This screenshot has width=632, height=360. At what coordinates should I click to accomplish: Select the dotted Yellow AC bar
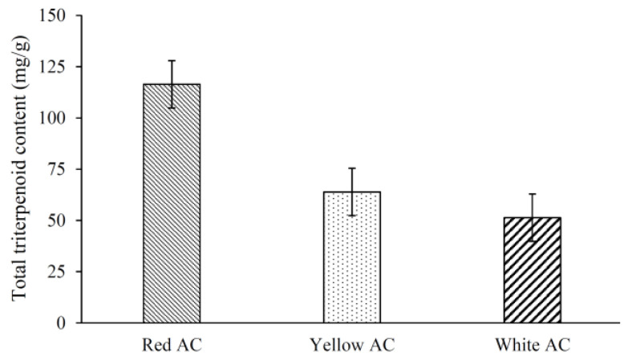click(x=352, y=257)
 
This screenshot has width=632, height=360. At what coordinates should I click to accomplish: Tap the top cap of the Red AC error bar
click(x=172, y=60)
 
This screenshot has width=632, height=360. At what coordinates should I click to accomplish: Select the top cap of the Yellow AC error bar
click(x=352, y=168)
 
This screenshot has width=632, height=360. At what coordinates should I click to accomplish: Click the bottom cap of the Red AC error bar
click(x=172, y=107)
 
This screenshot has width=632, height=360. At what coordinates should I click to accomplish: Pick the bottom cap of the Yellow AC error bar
click(x=352, y=215)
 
